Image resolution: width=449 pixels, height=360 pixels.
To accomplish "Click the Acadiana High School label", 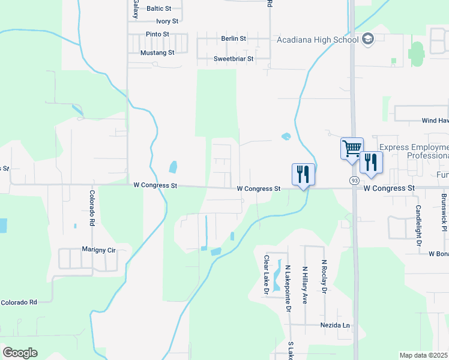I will pos(318,40).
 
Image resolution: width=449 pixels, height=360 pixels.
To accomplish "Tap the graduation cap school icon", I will pos(368,40).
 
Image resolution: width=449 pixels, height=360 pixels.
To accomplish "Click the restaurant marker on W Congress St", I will pos(303,174).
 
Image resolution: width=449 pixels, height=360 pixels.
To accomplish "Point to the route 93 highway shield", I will pos(355,180).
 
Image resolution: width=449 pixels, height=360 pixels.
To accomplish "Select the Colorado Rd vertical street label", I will pos(92,208).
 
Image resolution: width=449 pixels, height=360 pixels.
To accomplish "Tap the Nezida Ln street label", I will pos(336,325).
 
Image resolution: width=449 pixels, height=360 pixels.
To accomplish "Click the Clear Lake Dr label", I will pos(267,275).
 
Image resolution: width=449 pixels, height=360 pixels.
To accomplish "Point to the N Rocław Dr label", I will pos(324,277).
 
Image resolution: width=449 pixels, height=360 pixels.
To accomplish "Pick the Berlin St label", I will pos(234,38).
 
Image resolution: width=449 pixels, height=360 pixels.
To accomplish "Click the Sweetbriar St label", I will pos(234,59).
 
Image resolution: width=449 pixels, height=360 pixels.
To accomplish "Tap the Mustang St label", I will pos(157,53).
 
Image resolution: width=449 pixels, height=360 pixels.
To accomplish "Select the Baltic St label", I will pos(159,9).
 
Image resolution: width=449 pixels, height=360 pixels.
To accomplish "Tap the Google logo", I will pos(20,353).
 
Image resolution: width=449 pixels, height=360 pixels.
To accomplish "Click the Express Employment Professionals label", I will pos(414,151).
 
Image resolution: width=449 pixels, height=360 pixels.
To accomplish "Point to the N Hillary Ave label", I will pos(305,284).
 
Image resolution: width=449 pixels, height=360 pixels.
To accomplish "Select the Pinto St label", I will pos(157,34).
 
